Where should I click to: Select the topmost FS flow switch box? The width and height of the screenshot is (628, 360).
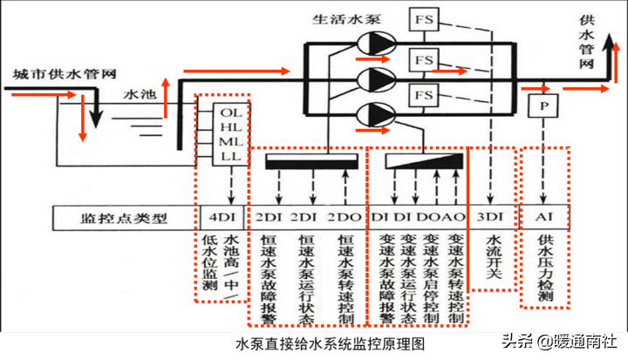click(x=424, y=18)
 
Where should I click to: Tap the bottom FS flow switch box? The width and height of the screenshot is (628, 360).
click(x=424, y=93)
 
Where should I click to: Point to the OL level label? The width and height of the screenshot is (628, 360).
click(x=230, y=112)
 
